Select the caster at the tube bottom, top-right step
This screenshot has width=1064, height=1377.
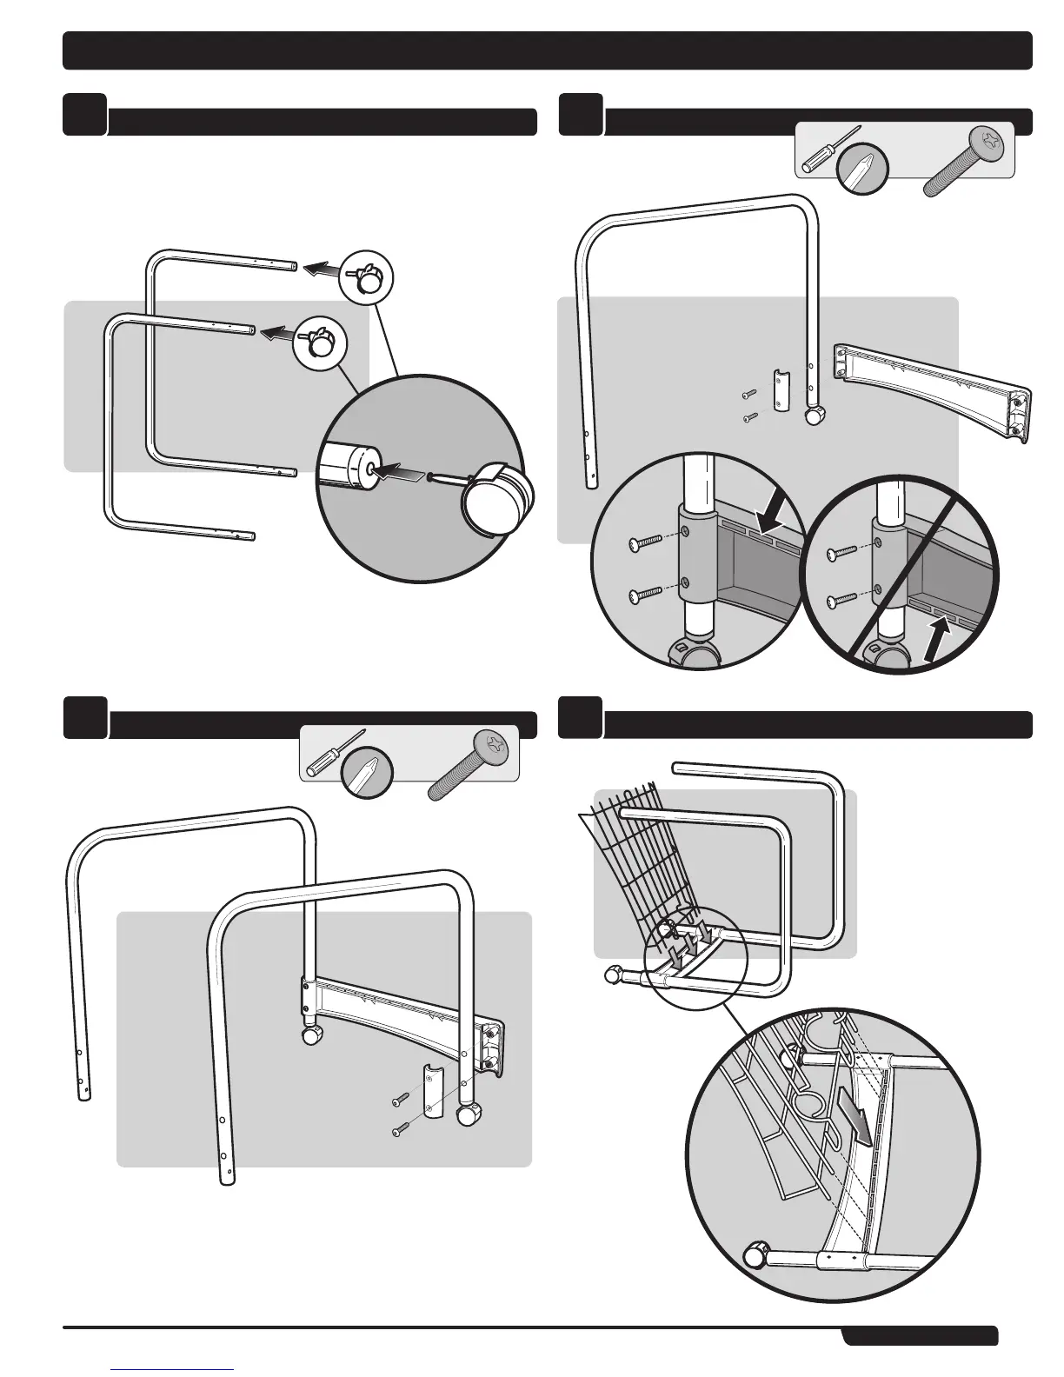click(x=815, y=416)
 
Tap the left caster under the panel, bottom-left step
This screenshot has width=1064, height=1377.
click(x=309, y=1035)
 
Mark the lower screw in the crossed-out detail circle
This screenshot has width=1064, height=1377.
click(x=839, y=600)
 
